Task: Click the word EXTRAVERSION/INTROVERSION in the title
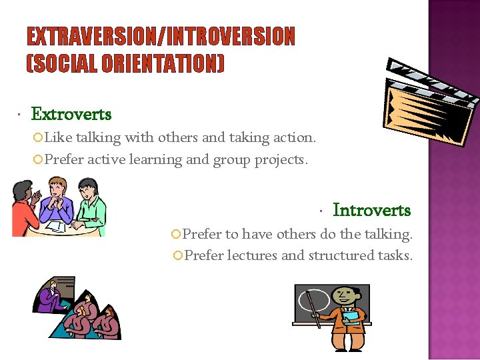pos(161,36)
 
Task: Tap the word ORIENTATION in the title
pos(163,64)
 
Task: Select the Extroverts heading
pos(71,114)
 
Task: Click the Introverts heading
pos(371,210)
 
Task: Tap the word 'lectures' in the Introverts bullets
pos(253,255)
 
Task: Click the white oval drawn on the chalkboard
pos(314,301)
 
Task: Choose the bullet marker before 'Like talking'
pos(39,138)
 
